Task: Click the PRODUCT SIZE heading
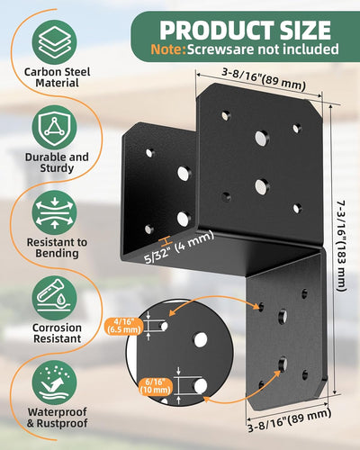(x=245, y=30)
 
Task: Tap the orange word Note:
(x=168, y=49)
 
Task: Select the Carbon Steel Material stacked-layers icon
(x=54, y=42)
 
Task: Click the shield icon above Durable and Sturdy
(x=54, y=128)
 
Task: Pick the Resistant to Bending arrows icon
(x=54, y=212)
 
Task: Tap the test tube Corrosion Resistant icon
(x=54, y=298)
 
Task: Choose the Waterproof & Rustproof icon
(x=54, y=383)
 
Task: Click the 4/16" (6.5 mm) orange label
(x=123, y=326)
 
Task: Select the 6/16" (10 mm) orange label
(x=156, y=386)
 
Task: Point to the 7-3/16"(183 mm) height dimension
(x=341, y=246)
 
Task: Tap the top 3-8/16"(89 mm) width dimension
(x=264, y=79)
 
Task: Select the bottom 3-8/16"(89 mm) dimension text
(x=290, y=420)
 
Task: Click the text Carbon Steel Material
(x=57, y=77)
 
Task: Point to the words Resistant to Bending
(x=57, y=247)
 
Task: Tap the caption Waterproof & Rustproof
(x=57, y=418)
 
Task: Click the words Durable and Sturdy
(x=57, y=163)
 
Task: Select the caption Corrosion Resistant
(x=57, y=333)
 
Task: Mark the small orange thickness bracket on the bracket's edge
(x=166, y=240)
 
